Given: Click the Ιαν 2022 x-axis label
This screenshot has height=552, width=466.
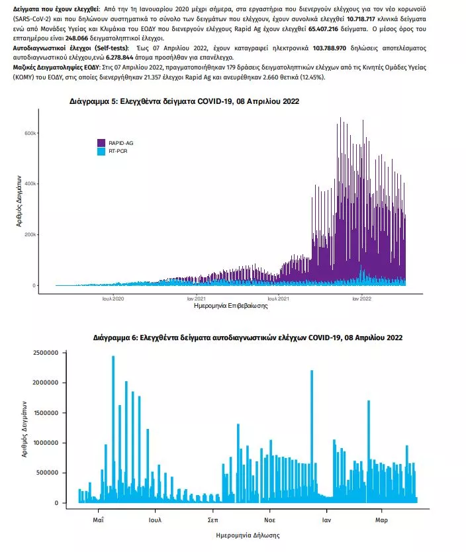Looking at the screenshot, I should [x=361, y=298].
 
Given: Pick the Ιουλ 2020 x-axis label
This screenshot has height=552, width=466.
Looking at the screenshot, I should [x=113, y=298].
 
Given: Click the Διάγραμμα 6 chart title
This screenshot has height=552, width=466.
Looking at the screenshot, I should [x=248, y=338].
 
